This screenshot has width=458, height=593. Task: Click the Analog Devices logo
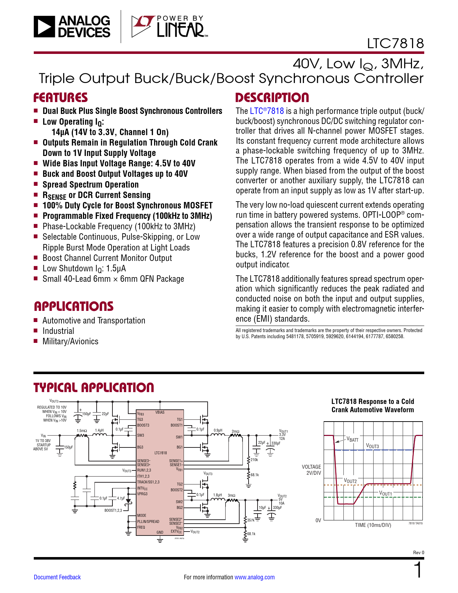pos(72,27)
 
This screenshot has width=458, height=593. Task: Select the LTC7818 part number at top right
pos(395,43)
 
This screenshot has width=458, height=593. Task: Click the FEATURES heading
pos(60,98)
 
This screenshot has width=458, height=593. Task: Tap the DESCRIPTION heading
pos(272,98)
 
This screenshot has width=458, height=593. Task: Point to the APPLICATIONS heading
pos(74,307)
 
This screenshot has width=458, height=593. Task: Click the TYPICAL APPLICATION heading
pos(94,388)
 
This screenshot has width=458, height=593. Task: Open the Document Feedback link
pos(57,577)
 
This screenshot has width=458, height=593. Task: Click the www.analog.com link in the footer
pos(254,577)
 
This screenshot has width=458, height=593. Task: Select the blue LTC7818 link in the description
pos(267,111)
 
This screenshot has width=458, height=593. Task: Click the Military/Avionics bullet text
pos(70,341)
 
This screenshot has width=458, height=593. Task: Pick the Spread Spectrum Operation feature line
pos(91,185)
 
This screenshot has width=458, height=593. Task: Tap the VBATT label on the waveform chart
pos(352,439)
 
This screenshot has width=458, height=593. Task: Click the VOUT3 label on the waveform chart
pos(372,446)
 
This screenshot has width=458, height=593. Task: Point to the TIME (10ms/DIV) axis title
pos(373,525)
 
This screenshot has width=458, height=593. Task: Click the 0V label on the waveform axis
pos(318,520)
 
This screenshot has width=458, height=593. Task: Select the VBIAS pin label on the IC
pos(160,412)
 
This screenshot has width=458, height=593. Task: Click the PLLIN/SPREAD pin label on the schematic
pos(148,521)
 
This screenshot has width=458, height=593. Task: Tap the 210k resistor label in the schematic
pos(254,460)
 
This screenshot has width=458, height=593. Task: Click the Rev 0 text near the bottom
pos(418,552)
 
